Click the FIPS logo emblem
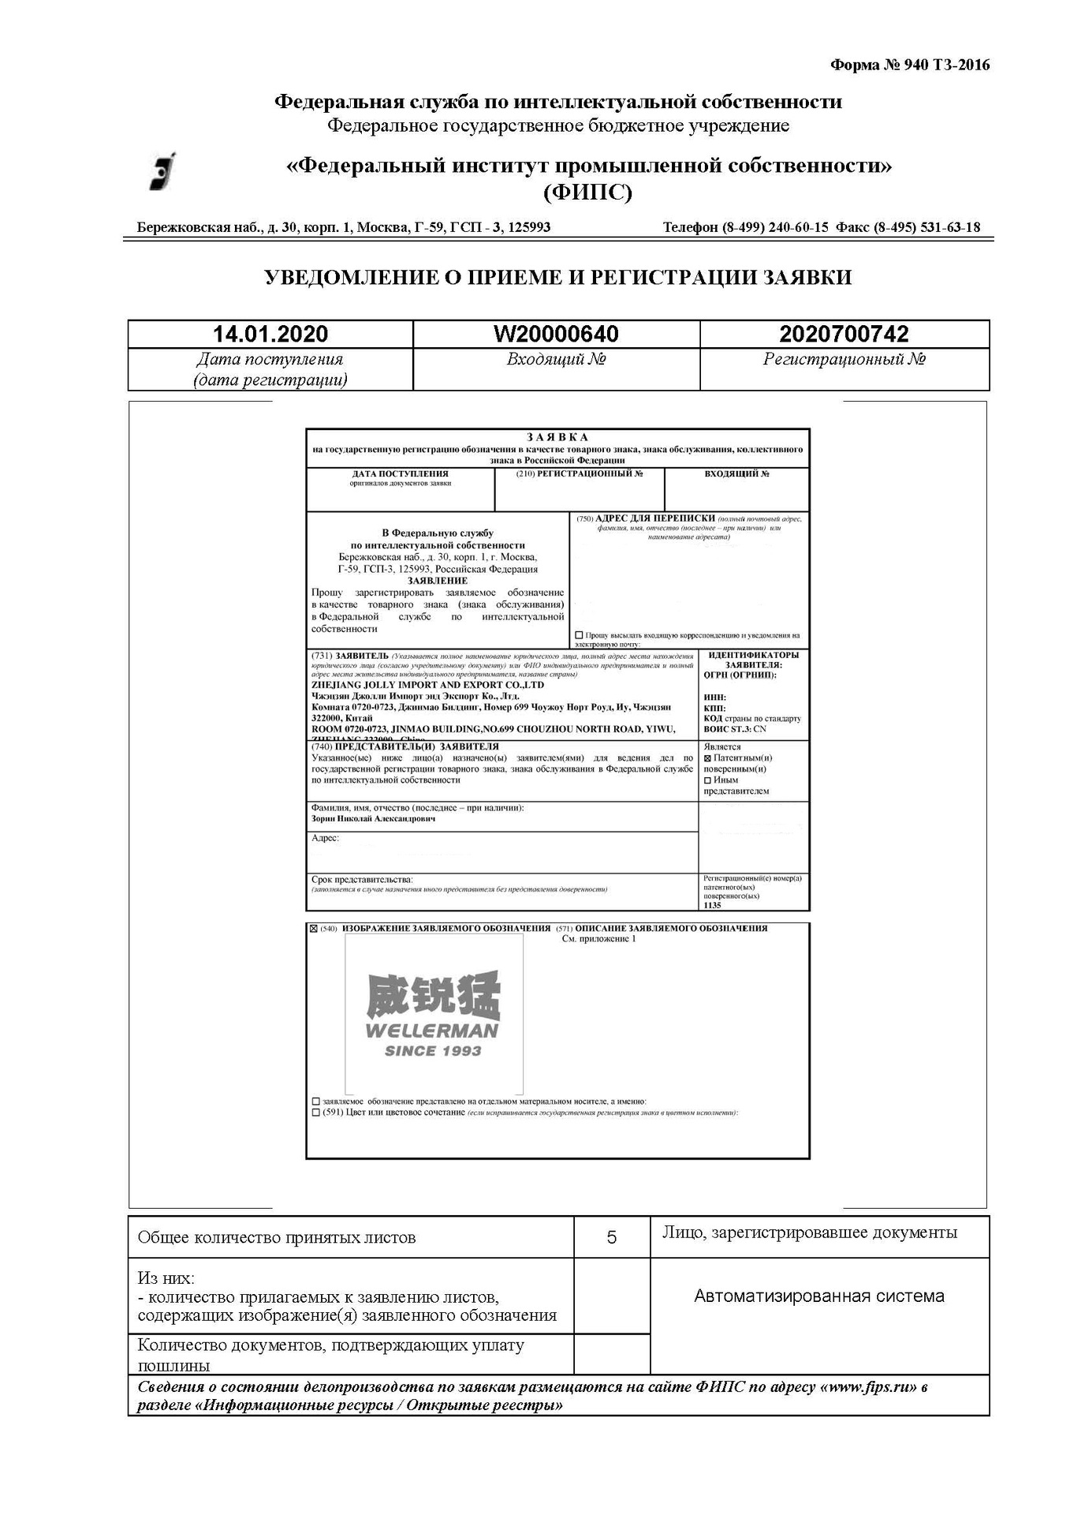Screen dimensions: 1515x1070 click(162, 171)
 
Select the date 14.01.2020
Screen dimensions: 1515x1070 click(270, 334)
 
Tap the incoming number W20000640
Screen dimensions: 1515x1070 click(556, 334)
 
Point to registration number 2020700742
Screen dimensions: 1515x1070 click(844, 334)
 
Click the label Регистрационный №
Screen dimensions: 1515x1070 click(844, 360)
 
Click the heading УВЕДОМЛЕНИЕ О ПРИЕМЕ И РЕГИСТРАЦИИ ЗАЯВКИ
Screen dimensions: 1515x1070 click(557, 277)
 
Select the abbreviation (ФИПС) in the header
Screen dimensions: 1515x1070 click(587, 192)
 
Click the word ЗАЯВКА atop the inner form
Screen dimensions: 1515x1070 click(557, 437)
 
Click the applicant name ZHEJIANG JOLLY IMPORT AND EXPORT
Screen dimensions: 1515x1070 click(427, 685)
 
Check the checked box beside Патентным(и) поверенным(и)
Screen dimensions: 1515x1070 click(707, 757)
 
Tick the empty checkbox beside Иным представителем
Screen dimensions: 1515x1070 click(707, 780)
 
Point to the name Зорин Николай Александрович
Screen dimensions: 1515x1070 click(373, 819)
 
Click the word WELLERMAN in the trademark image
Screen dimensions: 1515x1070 click(432, 1031)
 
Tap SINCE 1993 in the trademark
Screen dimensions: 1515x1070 click(432, 1051)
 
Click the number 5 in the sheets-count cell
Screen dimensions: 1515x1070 click(611, 1237)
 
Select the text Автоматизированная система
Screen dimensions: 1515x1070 click(818, 1296)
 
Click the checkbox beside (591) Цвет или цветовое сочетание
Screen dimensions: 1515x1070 click(316, 1113)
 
